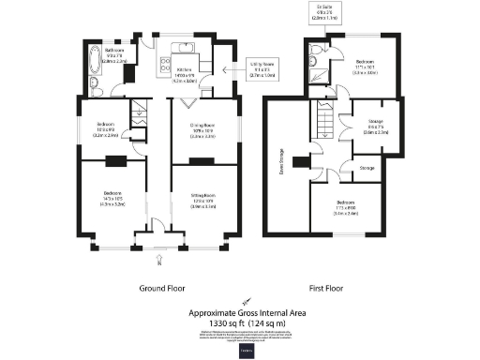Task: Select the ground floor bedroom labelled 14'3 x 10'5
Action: click(x=112, y=197)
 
